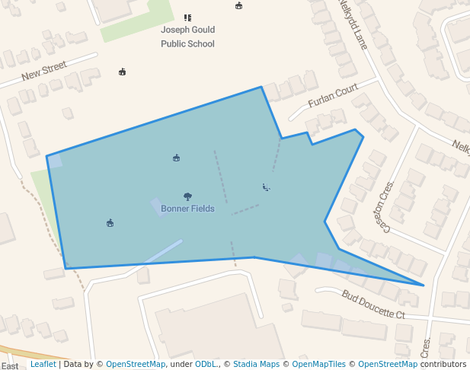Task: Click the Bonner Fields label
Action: (187, 209)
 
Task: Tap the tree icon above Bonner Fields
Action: (187, 196)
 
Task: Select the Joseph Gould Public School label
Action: (187, 37)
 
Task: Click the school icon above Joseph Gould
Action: (187, 17)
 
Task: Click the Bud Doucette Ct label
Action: (373, 305)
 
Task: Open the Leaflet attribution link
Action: (43, 364)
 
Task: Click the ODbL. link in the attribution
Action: (206, 364)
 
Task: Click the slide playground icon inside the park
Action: (266, 187)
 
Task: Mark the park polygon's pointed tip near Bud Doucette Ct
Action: (424, 285)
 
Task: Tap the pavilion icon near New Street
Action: (122, 72)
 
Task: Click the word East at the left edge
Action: (10, 366)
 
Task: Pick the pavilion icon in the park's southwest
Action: (110, 223)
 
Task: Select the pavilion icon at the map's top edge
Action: (239, 5)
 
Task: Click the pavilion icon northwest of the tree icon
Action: (176, 158)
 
